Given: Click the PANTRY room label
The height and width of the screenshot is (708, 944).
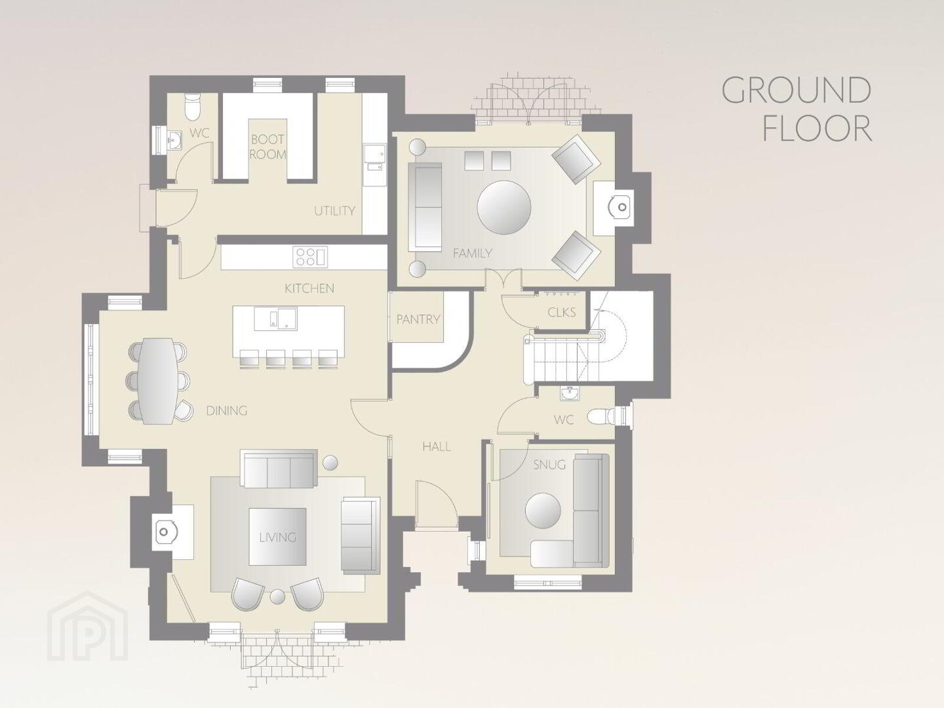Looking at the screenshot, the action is (x=418, y=319).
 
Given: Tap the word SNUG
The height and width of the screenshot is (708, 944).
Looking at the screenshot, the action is (x=549, y=465).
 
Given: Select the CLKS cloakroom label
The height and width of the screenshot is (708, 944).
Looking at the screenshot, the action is (x=561, y=313).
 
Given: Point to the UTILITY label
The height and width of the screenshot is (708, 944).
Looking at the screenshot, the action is (x=334, y=210).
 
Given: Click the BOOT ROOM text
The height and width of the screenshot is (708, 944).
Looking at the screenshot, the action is (x=268, y=147).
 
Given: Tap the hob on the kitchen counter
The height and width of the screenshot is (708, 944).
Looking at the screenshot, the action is (x=310, y=257).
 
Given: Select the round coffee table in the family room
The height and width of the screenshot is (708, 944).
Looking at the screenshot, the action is (x=504, y=207).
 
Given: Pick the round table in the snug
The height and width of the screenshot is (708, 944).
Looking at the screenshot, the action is (x=543, y=511).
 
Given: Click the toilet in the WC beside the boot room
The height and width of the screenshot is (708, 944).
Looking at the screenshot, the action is (x=192, y=107).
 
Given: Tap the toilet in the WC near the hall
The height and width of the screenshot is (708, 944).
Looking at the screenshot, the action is (x=607, y=416).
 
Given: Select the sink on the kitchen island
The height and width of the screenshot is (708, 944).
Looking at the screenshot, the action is (x=276, y=319).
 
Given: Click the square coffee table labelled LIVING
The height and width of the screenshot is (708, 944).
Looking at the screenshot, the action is (x=277, y=537).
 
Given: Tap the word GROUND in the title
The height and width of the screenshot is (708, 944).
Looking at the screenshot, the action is (x=796, y=90).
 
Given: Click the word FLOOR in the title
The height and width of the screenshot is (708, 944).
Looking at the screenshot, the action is (x=817, y=128).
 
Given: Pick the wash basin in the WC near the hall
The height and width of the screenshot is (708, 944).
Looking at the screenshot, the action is (x=570, y=393).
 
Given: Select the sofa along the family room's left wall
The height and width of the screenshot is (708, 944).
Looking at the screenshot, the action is (x=425, y=207).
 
